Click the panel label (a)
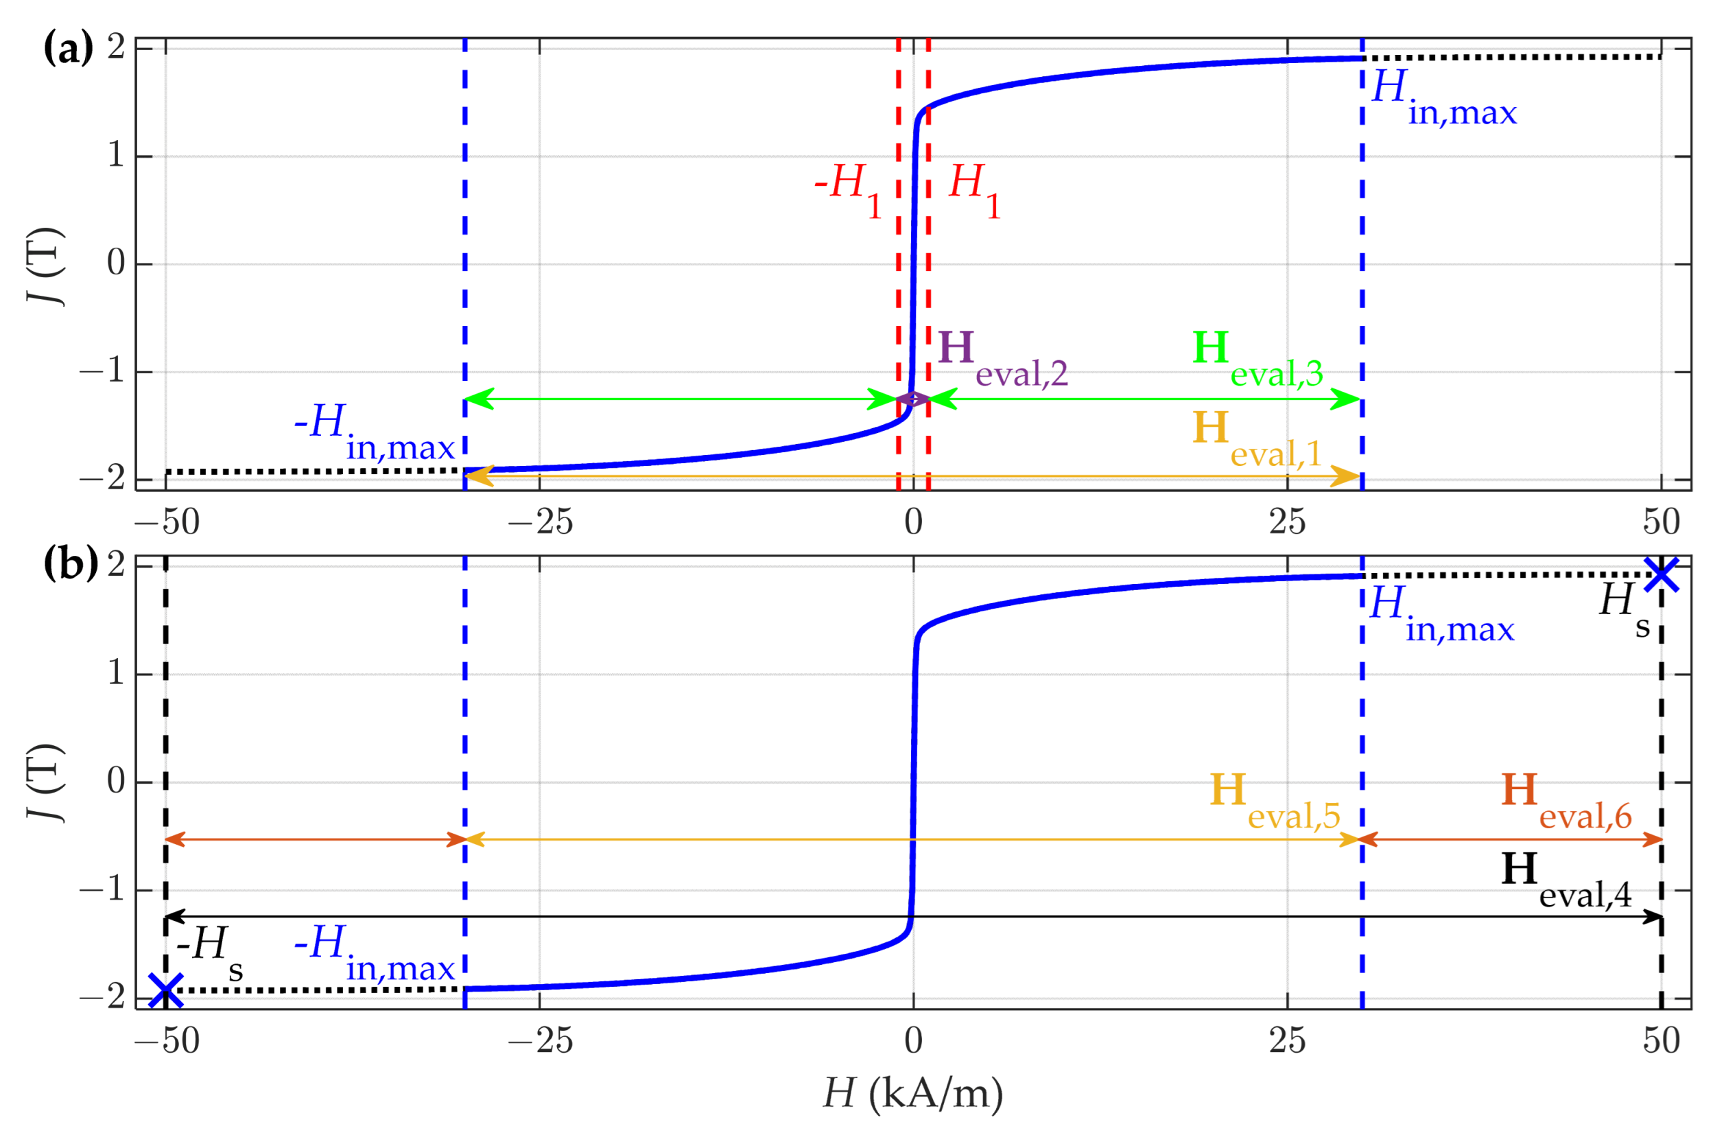tap(69, 49)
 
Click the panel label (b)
tap(71, 564)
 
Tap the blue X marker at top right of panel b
tap(1662, 574)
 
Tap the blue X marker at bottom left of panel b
tap(166, 991)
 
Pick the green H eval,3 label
tap(1257, 358)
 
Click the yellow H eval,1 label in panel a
tap(1257, 438)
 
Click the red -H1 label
tap(847, 189)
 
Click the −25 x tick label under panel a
tap(540, 522)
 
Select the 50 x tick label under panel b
tap(1662, 1040)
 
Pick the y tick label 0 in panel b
tap(116, 781)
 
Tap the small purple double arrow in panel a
tap(913, 399)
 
